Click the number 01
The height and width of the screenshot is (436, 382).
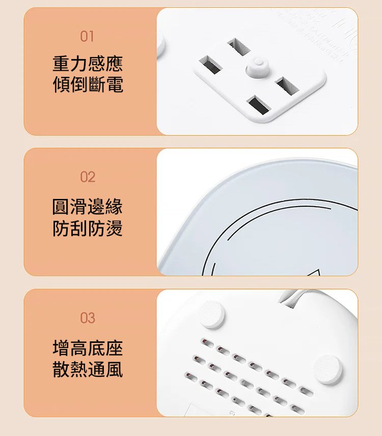tap(87, 37)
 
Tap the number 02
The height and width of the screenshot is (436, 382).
tap(88, 177)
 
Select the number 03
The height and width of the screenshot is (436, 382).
tap(88, 317)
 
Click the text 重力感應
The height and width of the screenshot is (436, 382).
tap(88, 64)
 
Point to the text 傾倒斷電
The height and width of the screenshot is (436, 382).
tap(88, 84)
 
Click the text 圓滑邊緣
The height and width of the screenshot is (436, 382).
tap(88, 207)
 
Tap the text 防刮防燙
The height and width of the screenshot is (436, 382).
tap(88, 228)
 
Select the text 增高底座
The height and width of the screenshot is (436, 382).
tap(88, 348)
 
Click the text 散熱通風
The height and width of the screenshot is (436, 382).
tap(88, 369)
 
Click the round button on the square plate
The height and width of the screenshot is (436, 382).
tap(258, 67)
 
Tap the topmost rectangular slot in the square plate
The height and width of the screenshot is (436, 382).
tap(238, 46)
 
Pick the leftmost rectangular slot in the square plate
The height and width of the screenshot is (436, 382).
tap(211, 65)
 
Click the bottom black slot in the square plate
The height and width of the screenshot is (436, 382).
tap(259, 105)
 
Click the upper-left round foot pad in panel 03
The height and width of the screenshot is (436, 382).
tap(212, 314)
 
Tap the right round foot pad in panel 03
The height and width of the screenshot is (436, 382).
tap(328, 369)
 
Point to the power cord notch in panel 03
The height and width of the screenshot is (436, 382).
tap(288, 300)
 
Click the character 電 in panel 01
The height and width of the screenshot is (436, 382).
tap(115, 84)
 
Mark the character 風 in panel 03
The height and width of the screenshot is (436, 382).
tap(114, 369)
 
